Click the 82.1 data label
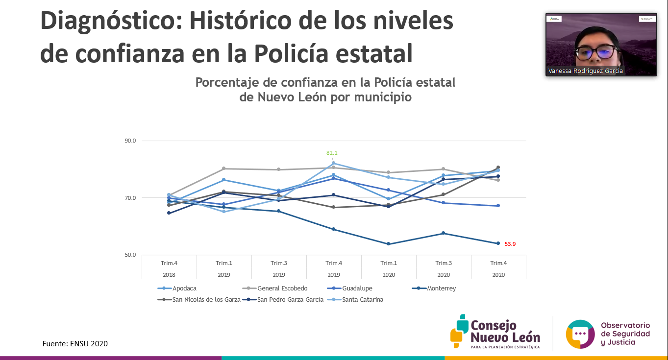[332, 153]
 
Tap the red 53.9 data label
[510, 244]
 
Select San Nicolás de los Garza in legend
[206, 300]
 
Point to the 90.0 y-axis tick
[130, 141]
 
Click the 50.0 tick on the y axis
[130, 255]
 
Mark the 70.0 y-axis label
[130, 198]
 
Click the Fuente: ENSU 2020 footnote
[75, 344]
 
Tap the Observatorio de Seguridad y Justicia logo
[608, 333]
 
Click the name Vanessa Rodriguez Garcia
[586, 71]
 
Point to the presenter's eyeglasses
[597, 50]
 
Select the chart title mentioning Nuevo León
[325, 90]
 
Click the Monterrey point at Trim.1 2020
[389, 244]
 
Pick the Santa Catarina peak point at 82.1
[334, 163]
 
